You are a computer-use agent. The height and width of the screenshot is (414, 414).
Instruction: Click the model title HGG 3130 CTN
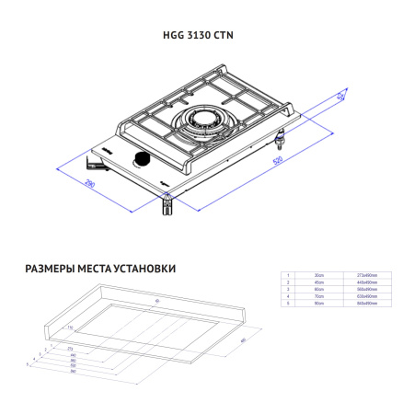coord(206,38)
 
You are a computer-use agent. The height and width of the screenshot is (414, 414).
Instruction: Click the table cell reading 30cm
coord(318,275)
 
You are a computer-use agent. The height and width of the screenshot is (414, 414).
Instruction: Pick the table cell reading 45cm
coord(318,282)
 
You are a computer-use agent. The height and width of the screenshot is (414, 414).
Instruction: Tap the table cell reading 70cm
coord(318,296)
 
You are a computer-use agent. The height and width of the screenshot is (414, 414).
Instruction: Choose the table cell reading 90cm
coord(318,304)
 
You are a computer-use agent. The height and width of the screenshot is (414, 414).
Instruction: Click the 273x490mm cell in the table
coord(367,275)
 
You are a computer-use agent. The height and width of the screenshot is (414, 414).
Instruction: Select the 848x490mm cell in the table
coord(367,304)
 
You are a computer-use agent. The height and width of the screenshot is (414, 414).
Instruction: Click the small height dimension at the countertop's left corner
coord(69,328)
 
